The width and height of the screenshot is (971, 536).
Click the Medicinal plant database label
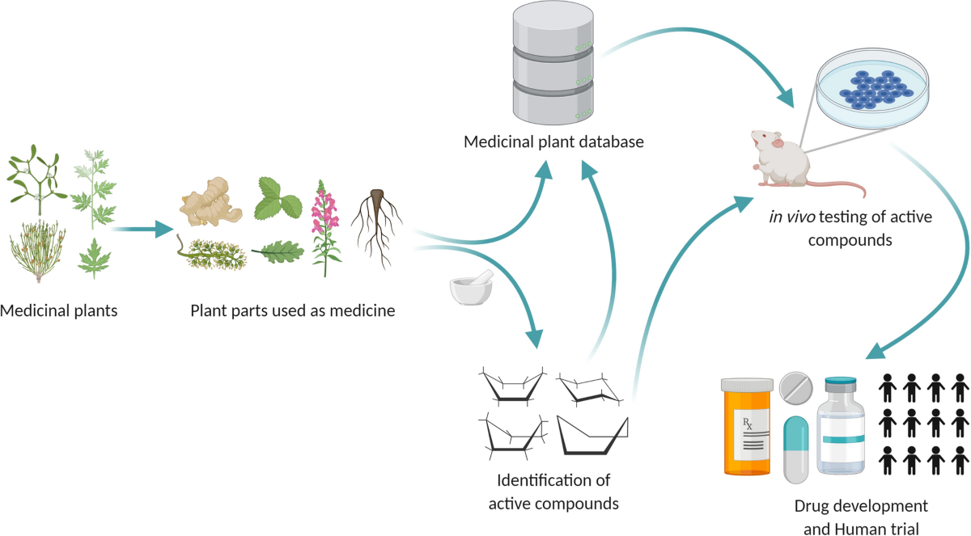pos(553,142)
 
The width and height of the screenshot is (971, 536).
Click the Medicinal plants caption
pos(59,310)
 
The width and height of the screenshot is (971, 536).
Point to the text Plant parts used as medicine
pos(292,310)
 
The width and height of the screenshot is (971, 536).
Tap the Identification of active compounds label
pos(553,492)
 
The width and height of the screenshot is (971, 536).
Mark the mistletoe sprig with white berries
pos(37,175)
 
